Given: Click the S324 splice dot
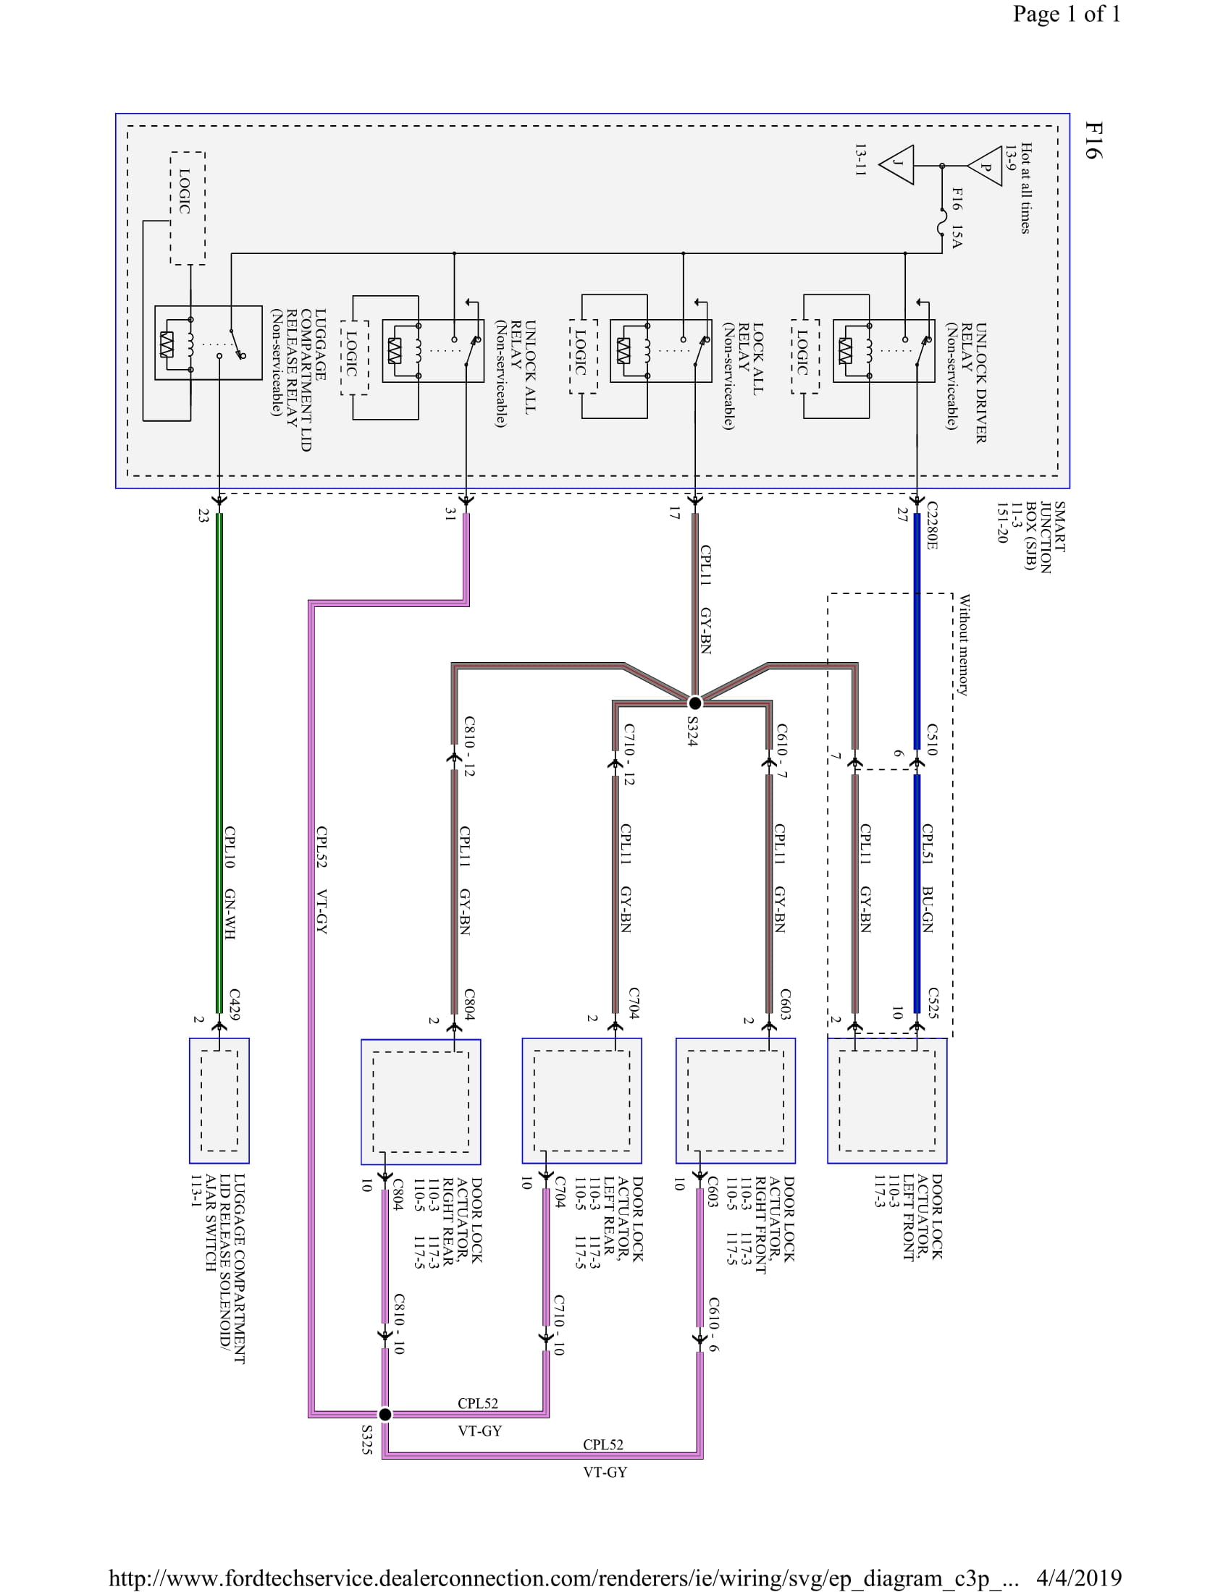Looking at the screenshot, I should click(x=695, y=703).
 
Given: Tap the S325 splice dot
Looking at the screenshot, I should click(x=386, y=1415).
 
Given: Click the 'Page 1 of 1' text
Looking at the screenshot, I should click(x=1066, y=14).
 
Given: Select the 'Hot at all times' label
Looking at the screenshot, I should click(x=1026, y=188).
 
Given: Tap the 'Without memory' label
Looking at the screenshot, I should click(x=964, y=645).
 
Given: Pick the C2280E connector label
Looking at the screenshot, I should click(x=932, y=525).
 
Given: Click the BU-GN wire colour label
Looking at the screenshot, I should click(x=928, y=909).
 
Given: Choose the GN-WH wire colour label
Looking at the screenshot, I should click(x=230, y=914).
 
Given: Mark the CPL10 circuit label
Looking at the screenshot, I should click(x=230, y=847).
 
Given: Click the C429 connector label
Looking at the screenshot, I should click(x=234, y=1004).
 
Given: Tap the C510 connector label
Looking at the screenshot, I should click(x=932, y=738).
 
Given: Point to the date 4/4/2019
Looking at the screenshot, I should click(x=1078, y=1578).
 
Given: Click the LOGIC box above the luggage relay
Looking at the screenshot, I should click(x=187, y=208).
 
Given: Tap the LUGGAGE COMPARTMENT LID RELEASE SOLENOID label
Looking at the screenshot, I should click(x=218, y=1269).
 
